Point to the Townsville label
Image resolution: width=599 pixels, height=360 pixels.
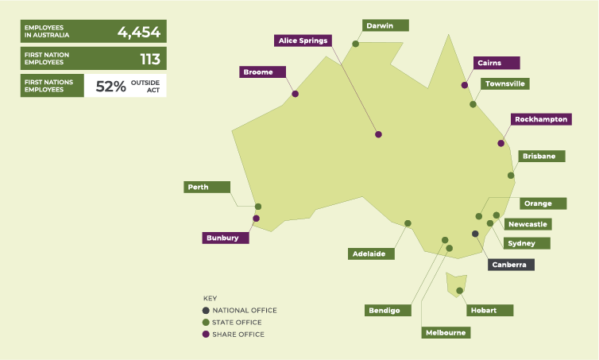tap(504, 83)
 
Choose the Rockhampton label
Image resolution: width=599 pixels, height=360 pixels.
tap(541, 119)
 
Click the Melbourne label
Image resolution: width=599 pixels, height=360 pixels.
tap(445, 332)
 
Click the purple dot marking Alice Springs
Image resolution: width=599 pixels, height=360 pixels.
tap(378, 134)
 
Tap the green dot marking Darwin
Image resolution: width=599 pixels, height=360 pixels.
tap(355, 44)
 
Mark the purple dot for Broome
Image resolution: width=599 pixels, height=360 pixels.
tap(296, 94)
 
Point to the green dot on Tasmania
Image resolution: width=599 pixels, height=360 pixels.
tap(460, 291)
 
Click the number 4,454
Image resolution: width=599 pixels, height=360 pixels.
tap(139, 33)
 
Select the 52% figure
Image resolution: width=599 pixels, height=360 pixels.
tap(110, 87)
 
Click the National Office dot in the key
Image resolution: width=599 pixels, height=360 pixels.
tap(207, 310)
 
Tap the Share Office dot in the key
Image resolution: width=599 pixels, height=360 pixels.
tap(207, 335)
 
